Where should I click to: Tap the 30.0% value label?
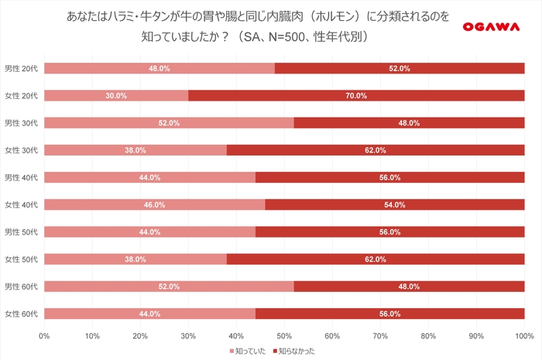116,95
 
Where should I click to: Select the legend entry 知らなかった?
294,351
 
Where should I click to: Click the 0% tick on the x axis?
44,336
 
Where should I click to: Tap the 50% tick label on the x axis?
284,336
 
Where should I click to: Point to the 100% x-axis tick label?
524,336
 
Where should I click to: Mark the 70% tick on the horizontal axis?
380,336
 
